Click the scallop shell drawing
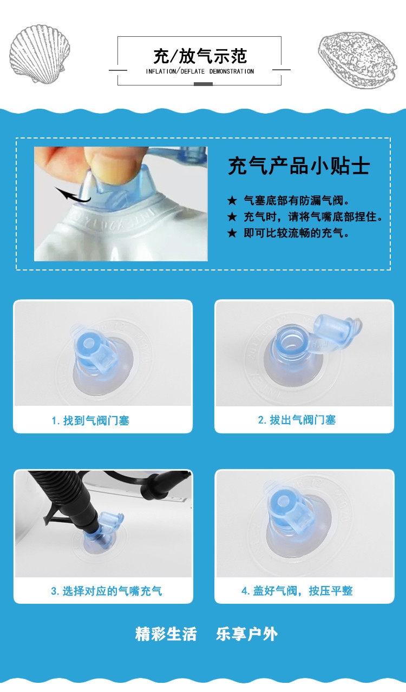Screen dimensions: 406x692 pos(39,54)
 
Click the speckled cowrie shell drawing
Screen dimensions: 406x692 pos(358,60)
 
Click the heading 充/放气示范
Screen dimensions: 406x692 pos(200,56)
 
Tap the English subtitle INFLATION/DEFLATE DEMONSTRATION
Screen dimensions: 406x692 pos(200,71)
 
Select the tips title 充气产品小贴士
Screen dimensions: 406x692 pos(299,166)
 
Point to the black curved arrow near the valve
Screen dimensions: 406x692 pos(73,195)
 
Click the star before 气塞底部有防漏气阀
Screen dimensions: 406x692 pos(232,201)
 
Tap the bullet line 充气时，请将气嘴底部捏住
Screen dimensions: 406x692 pos(313,216)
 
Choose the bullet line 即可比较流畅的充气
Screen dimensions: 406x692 pos(297,233)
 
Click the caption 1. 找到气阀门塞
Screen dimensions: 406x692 pos(90,420)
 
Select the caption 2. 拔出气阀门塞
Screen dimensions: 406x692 pos(297,420)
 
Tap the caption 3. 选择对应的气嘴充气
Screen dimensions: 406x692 pos(106,591)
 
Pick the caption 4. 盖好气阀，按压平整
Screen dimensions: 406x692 pos(297,591)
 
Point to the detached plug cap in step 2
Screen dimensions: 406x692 pos(337,331)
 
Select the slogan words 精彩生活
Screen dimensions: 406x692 pos(166,634)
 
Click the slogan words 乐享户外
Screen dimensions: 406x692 pos(246,634)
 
